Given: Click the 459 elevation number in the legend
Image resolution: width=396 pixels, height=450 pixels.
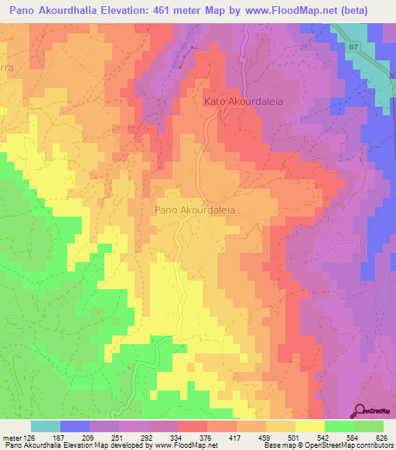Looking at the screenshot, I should (251, 438).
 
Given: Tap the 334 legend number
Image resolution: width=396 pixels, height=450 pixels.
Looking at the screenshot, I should (189, 438).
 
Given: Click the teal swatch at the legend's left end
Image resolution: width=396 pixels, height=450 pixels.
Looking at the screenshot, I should (45, 426).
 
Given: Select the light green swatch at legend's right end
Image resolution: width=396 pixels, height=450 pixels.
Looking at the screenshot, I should (368, 426).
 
